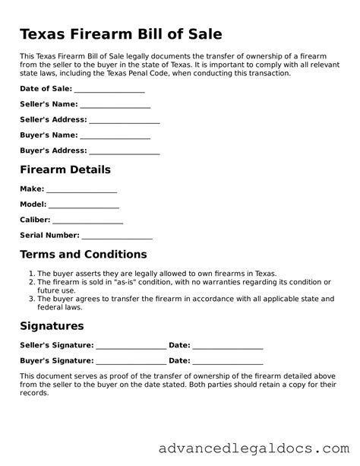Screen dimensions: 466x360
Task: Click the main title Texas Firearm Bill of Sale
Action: (x=121, y=34)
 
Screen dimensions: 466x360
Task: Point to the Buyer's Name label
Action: (x=48, y=135)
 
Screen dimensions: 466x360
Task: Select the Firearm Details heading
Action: (x=65, y=170)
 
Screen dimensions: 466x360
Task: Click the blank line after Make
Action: (x=81, y=190)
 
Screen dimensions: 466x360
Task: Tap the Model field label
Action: (x=33, y=204)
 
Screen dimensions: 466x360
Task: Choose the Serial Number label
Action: (x=49, y=236)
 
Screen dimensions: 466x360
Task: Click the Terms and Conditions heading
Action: (x=83, y=255)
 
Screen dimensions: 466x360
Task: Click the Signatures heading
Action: (x=51, y=326)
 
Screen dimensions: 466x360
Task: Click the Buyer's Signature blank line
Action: (x=131, y=362)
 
